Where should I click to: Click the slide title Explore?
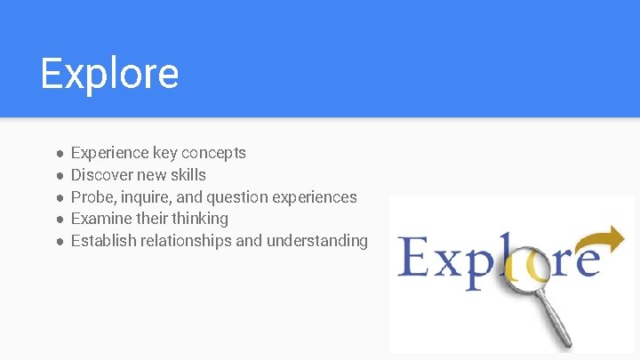(x=109, y=74)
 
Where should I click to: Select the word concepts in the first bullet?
(x=214, y=153)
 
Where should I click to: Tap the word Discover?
(x=100, y=175)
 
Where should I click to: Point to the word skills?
(x=187, y=175)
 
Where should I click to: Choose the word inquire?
(x=142, y=197)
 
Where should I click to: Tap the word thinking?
(x=200, y=219)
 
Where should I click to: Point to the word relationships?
(x=188, y=241)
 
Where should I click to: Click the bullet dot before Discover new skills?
(x=59, y=175)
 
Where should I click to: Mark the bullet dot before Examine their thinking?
(x=59, y=219)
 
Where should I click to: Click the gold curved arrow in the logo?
(x=601, y=239)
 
